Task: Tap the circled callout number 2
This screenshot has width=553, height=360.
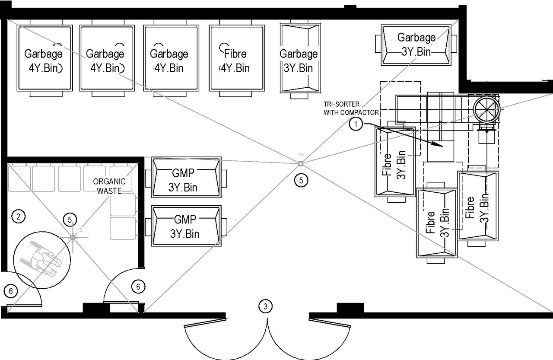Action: click(18, 216)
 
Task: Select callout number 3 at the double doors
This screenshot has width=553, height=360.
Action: click(265, 306)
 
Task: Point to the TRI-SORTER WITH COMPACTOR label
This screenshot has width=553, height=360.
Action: click(351, 108)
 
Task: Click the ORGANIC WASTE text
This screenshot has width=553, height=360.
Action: click(109, 186)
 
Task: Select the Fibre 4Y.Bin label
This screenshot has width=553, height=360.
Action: click(235, 61)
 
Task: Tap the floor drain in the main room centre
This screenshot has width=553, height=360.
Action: click(300, 163)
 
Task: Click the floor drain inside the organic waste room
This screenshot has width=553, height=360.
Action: click(73, 237)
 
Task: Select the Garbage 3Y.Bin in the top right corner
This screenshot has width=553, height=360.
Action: click(416, 45)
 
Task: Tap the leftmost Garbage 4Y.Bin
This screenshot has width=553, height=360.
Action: click(44, 61)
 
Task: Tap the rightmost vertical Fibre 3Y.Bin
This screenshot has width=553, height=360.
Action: click(477, 206)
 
